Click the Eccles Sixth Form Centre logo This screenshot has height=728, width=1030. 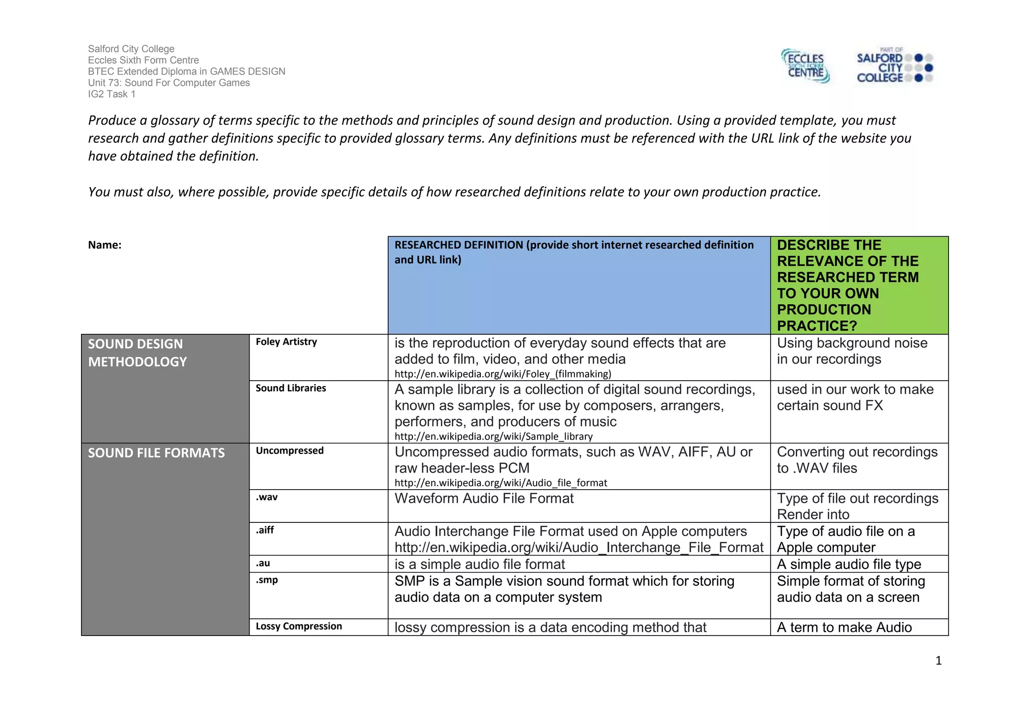pyautogui.click(x=805, y=66)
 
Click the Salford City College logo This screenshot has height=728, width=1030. pyautogui.click(x=895, y=66)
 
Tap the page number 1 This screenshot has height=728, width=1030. pyautogui.click(x=938, y=661)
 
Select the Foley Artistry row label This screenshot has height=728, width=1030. pyautogui.click(x=286, y=342)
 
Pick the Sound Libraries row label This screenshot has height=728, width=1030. pyautogui.click(x=291, y=388)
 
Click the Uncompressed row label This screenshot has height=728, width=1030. pyautogui.click(x=290, y=450)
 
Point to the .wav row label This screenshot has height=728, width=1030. pyautogui.click(x=267, y=497)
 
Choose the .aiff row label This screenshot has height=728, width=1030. pyautogui.click(x=265, y=530)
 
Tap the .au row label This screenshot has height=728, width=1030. pyautogui.click(x=263, y=563)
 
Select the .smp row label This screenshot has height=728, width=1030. pyautogui.click(x=267, y=580)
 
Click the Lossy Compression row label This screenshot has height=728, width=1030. pyautogui.click(x=299, y=626)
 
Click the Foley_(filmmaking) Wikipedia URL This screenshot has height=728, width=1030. pyautogui.click(x=503, y=374)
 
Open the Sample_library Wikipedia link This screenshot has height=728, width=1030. pyautogui.click(x=493, y=436)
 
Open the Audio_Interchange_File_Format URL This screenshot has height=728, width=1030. pyautogui.click(x=579, y=548)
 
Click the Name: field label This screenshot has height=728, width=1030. pyautogui.click(x=105, y=245)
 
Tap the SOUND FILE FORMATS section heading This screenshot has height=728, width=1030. pyautogui.click(x=156, y=453)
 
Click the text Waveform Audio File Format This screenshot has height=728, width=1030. pyautogui.click(x=484, y=498)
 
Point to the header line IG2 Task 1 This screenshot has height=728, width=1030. pyautogui.click(x=112, y=94)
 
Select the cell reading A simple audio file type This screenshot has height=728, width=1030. pyautogui.click(x=849, y=564)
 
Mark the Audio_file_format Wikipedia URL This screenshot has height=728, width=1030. pyautogui.click(x=501, y=483)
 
